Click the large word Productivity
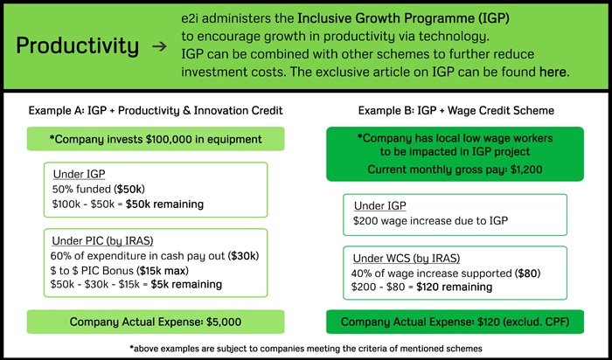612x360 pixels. click(x=77, y=46)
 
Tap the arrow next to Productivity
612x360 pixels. click(x=159, y=47)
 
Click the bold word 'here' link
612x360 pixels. click(x=553, y=72)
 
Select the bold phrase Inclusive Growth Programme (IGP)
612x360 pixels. click(x=403, y=18)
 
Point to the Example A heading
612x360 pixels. click(x=156, y=110)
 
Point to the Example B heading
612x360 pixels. click(x=456, y=110)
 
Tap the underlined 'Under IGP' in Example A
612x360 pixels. click(x=80, y=174)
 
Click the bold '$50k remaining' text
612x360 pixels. click(x=164, y=204)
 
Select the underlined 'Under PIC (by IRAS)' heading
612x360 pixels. click(x=102, y=241)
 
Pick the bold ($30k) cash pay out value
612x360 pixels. click(x=244, y=256)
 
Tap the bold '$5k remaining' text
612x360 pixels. click(x=186, y=284)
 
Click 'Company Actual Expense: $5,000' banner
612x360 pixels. click(x=156, y=322)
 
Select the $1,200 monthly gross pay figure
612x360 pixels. click(x=526, y=170)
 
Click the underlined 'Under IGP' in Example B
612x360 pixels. click(x=380, y=206)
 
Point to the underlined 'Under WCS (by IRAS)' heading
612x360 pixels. click(x=407, y=258)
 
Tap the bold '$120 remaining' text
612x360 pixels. click(x=454, y=287)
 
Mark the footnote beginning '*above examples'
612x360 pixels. click(x=306, y=349)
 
